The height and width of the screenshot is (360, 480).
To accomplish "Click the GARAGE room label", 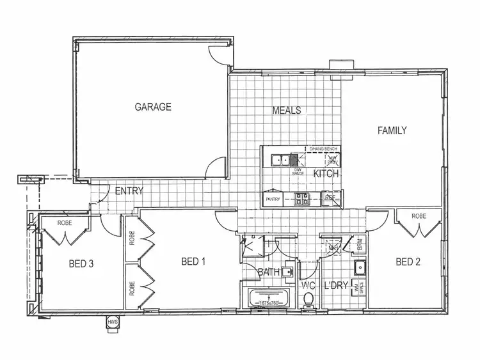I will click(152, 107).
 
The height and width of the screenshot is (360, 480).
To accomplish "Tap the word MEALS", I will click(287, 110).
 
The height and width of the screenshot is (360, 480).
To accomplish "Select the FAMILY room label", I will click(392, 130).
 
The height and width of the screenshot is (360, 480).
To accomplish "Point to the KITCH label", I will click(326, 174).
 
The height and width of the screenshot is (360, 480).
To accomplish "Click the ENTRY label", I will click(129, 191).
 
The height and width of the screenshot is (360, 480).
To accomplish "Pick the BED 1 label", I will click(193, 261).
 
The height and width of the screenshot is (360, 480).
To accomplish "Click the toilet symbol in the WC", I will click(308, 299).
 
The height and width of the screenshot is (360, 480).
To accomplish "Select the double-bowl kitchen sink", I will click(280, 160).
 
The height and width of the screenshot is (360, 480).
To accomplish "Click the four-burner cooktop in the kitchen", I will click(302, 199).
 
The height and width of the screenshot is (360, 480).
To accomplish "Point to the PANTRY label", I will click(273, 198).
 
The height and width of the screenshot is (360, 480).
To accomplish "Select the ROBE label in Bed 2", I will click(419, 216).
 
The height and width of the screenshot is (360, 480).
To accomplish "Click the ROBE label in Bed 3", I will click(64, 223).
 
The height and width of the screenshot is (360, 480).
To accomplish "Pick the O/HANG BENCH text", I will click(323, 149).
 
